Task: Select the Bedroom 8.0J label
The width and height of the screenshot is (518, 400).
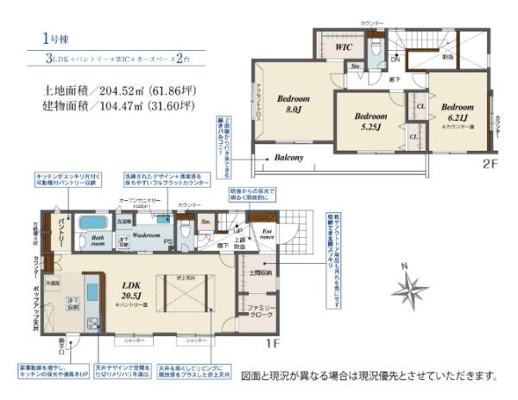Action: pos(290,104)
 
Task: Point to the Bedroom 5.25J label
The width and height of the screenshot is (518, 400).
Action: pos(370,119)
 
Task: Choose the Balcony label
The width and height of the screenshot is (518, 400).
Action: pos(288,158)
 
